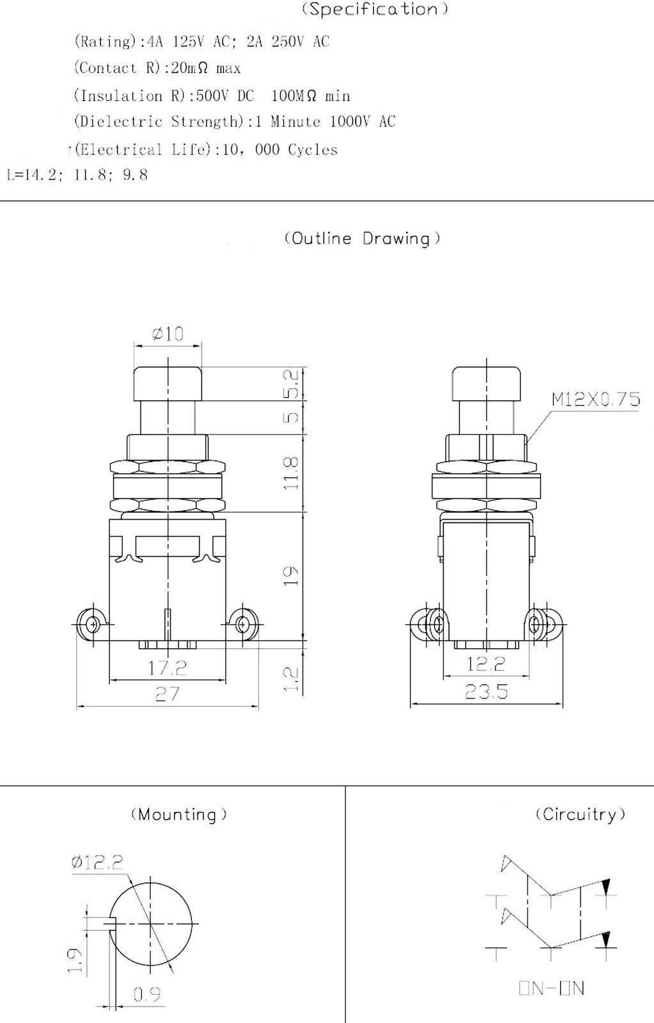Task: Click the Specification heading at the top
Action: [374, 9]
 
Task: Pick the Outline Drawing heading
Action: [362, 238]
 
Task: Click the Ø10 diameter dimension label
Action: [167, 333]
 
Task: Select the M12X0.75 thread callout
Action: [595, 400]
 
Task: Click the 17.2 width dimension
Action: [167, 668]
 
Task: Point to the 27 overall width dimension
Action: [167, 693]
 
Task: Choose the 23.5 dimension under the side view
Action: [486, 691]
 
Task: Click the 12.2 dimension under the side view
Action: [486, 664]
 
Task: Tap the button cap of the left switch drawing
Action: [167, 382]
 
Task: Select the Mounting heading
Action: [178, 815]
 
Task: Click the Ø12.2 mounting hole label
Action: [97, 863]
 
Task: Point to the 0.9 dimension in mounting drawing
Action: [146, 994]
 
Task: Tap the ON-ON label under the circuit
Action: [551, 988]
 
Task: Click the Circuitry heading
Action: [580, 815]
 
